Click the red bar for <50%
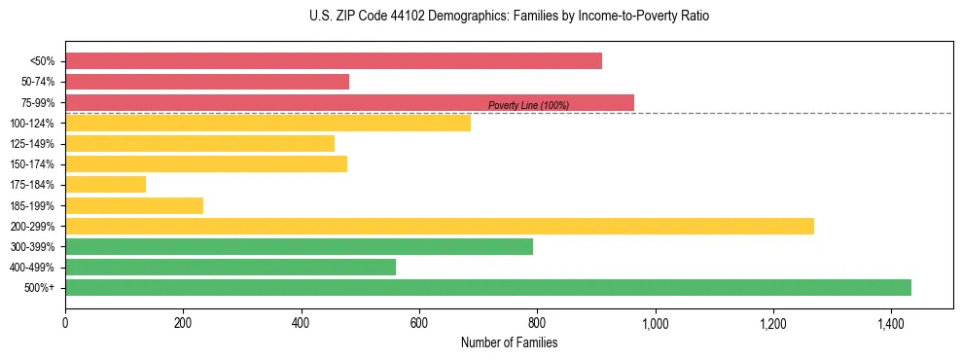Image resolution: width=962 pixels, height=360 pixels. [334, 61]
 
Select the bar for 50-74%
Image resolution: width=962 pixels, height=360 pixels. [207, 82]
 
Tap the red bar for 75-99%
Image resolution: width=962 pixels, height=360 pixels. [349, 102]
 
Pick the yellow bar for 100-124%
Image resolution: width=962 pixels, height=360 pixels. [267, 123]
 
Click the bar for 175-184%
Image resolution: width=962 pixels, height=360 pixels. [105, 185]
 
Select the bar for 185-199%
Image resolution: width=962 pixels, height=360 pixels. [134, 205]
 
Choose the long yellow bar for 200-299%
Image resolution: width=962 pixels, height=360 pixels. [440, 226]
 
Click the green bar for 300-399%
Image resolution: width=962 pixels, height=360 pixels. [299, 246]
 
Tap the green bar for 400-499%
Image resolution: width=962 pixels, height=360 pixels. [231, 267]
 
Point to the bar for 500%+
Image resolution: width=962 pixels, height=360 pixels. [488, 287]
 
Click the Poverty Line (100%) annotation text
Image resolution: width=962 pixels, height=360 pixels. [528, 105]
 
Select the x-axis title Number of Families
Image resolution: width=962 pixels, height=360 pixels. [510, 342]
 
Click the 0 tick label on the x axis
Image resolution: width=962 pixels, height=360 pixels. [65, 322]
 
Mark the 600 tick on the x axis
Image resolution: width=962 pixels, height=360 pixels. [419, 322]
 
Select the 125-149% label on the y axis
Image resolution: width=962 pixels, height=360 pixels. [32, 144]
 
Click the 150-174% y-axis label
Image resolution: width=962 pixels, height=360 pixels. [32, 164]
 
